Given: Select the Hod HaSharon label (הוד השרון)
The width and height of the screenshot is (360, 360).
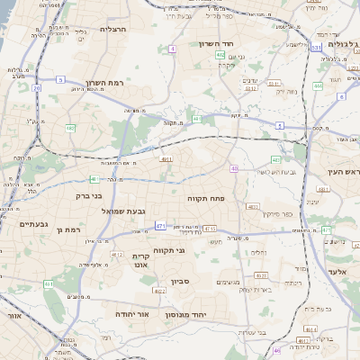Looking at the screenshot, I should [216, 42].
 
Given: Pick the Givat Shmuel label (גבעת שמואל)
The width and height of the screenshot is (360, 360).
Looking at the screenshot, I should [118, 211].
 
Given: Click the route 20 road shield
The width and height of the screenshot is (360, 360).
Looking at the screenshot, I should [36, 88].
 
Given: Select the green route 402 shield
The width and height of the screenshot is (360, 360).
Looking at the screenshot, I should [220, 55].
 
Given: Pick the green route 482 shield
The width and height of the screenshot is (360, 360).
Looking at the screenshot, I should [70, 129].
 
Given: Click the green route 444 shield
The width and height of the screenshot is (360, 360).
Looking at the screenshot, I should [318, 86].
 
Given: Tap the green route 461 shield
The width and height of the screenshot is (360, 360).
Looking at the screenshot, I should [48, 284].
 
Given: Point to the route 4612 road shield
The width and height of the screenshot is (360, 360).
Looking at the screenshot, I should [117, 255].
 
